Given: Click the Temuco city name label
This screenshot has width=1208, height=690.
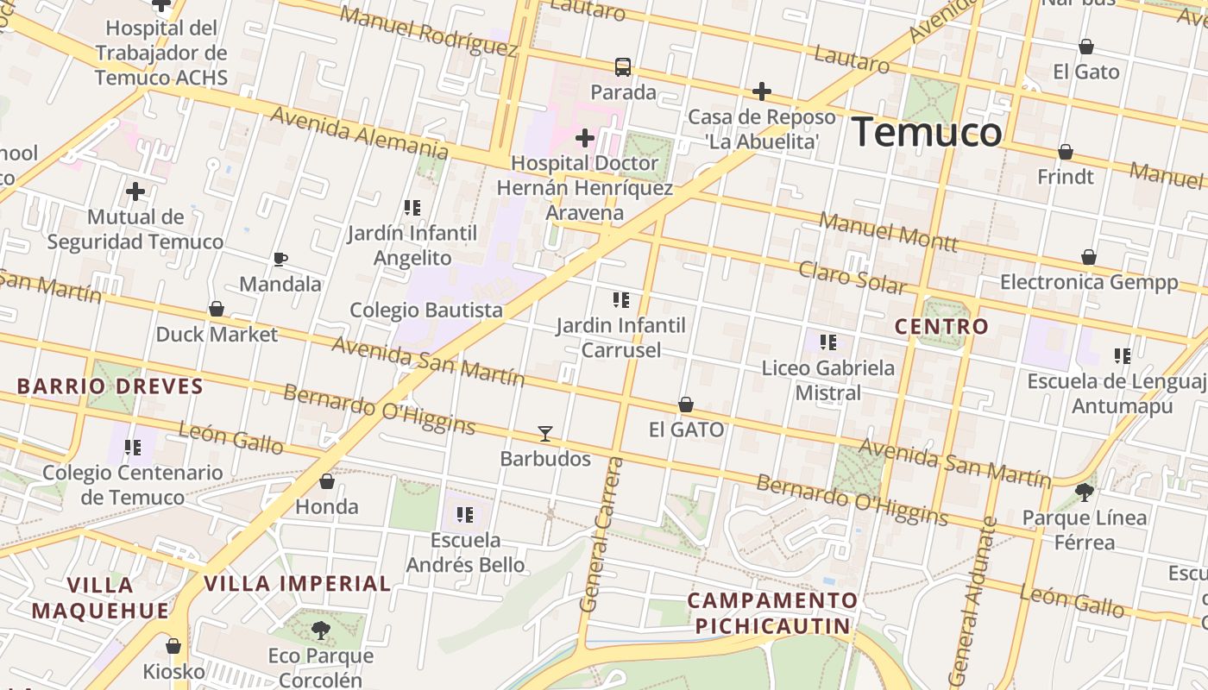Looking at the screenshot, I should [927, 132].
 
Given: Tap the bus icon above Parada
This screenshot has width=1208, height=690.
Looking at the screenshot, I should [622, 66].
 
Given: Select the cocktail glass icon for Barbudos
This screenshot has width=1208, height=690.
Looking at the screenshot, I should [544, 433].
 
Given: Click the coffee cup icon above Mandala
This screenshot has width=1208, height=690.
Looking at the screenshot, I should [280, 259].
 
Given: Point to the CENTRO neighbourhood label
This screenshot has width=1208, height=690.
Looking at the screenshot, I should [941, 327].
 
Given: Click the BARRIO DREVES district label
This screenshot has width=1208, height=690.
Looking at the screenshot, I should [110, 386].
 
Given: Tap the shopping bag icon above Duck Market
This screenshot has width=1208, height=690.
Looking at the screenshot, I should [217, 309].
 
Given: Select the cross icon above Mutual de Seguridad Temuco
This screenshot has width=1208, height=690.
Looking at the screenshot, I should [135, 191].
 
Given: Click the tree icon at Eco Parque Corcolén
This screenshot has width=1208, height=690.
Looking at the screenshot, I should [320, 630].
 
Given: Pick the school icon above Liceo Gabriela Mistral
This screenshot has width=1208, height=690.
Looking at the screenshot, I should [827, 342].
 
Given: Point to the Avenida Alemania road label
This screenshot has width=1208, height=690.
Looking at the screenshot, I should [359, 132].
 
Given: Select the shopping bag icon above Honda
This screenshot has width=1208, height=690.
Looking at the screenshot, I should [327, 481].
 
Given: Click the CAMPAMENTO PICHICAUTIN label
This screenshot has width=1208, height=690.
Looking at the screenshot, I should [772, 613].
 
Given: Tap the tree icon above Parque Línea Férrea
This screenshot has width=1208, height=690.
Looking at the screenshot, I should [1084, 492].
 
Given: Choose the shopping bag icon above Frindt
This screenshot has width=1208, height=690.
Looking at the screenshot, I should [1066, 152].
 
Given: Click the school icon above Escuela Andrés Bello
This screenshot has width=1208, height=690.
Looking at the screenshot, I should [465, 515].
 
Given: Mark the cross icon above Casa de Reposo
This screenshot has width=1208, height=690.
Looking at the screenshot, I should [761, 91].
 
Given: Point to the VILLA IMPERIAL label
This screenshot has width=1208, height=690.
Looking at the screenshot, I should [298, 584].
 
